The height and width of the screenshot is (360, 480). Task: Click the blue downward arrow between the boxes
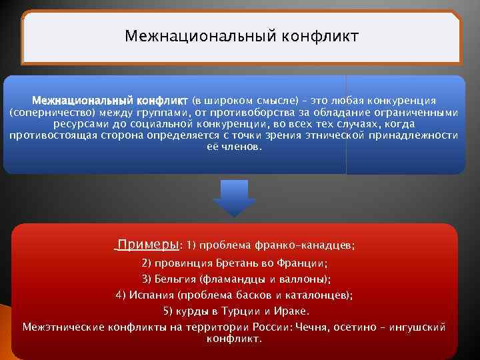pos(234,198)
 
